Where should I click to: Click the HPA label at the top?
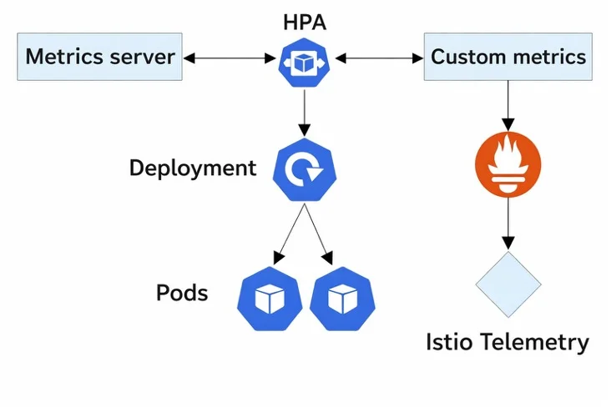point(304,23)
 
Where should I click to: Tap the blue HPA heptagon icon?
point(304,59)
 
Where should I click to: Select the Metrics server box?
point(100,58)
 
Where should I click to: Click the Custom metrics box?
point(508,58)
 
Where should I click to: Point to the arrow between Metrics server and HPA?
point(230,58)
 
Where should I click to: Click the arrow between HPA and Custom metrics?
point(379,58)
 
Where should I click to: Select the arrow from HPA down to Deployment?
point(304,112)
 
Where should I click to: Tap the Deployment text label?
point(192,168)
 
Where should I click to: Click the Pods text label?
point(182,294)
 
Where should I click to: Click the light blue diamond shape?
point(507,284)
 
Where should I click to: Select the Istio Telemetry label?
point(507,342)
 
